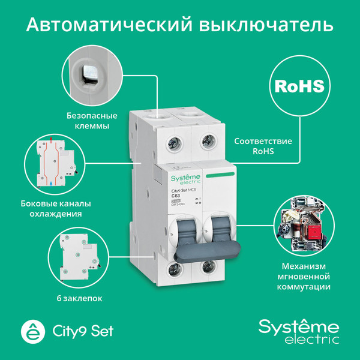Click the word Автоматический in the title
coord(108,25)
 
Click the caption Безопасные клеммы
coord(88,121)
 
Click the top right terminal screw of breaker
coord(207,144)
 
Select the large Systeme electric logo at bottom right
coord(298,331)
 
